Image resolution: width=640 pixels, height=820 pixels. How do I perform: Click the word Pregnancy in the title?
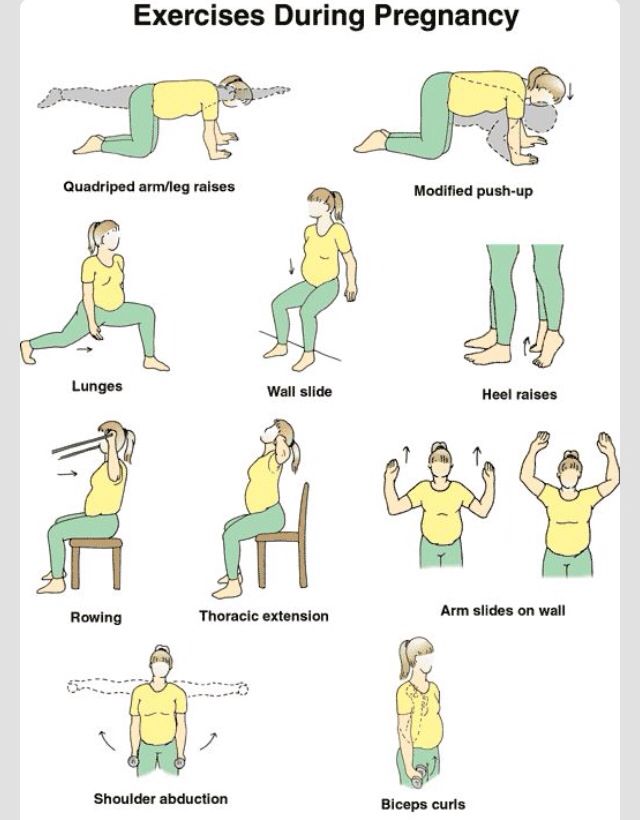click(x=446, y=16)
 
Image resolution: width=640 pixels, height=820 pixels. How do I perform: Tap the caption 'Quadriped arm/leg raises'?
click(x=149, y=187)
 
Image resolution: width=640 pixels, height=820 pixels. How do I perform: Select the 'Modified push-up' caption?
click(x=473, y=191)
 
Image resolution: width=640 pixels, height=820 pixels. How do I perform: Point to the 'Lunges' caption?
click(x=97, y=386)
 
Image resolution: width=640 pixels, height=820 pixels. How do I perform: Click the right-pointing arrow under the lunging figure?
click(x=84, y=349)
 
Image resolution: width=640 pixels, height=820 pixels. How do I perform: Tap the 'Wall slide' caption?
click(x=300, y=391)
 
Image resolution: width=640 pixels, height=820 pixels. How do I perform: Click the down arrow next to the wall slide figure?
click(x=291, y=266)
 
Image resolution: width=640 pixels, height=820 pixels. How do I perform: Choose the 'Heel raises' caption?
click(x=519, y=394)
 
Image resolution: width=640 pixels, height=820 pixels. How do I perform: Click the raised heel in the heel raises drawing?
click(x=554, y=341)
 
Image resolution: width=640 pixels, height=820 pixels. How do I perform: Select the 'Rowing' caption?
click(x=96, y=617)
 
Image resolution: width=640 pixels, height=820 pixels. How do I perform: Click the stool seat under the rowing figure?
click(x=96, y=543)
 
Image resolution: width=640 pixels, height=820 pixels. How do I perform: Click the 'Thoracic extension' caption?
click(x=264, y=616)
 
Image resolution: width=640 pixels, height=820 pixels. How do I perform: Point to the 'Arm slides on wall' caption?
click(x=503, y=610)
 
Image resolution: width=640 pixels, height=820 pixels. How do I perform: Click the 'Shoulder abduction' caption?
click(x=161, y=799)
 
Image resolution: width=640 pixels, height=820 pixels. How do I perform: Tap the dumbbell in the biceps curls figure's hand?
click(x=419, y=775)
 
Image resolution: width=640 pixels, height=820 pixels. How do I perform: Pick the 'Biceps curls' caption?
click(x=423, y=804)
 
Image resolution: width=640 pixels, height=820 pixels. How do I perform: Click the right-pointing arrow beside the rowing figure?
click(x=67, y=474)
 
